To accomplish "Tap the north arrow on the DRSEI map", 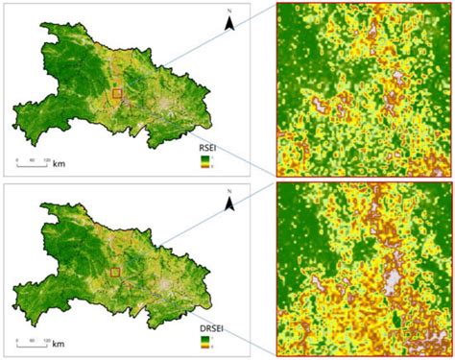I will [230, 204].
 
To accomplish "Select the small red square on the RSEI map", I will [117, 93].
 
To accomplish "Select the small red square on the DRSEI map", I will [117, 274].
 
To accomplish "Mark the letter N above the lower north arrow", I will [230, 193].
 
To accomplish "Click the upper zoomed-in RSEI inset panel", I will [364, 88].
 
